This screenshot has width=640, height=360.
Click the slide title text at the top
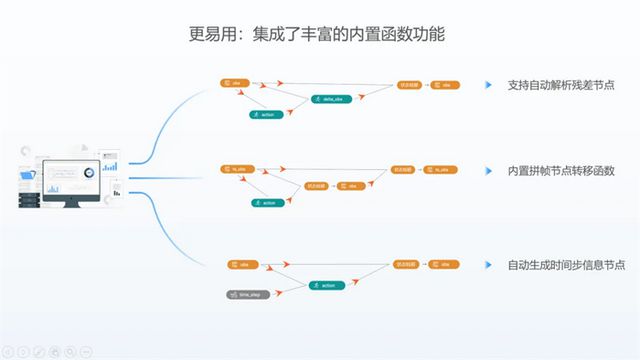click(317, 34)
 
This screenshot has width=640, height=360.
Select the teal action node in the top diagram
click(266, 115)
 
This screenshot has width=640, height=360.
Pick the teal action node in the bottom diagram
click(327, 285)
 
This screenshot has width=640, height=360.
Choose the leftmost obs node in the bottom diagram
click(240, 265)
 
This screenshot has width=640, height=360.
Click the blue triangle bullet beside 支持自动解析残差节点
click(487, 85)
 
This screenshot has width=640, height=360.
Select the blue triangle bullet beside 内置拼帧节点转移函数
click(487, 171)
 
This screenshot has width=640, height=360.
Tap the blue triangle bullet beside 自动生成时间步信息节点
click(487, 265)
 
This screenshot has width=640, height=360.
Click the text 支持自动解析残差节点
click(561, 85)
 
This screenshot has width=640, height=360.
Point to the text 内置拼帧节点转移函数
click(561, 171)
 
